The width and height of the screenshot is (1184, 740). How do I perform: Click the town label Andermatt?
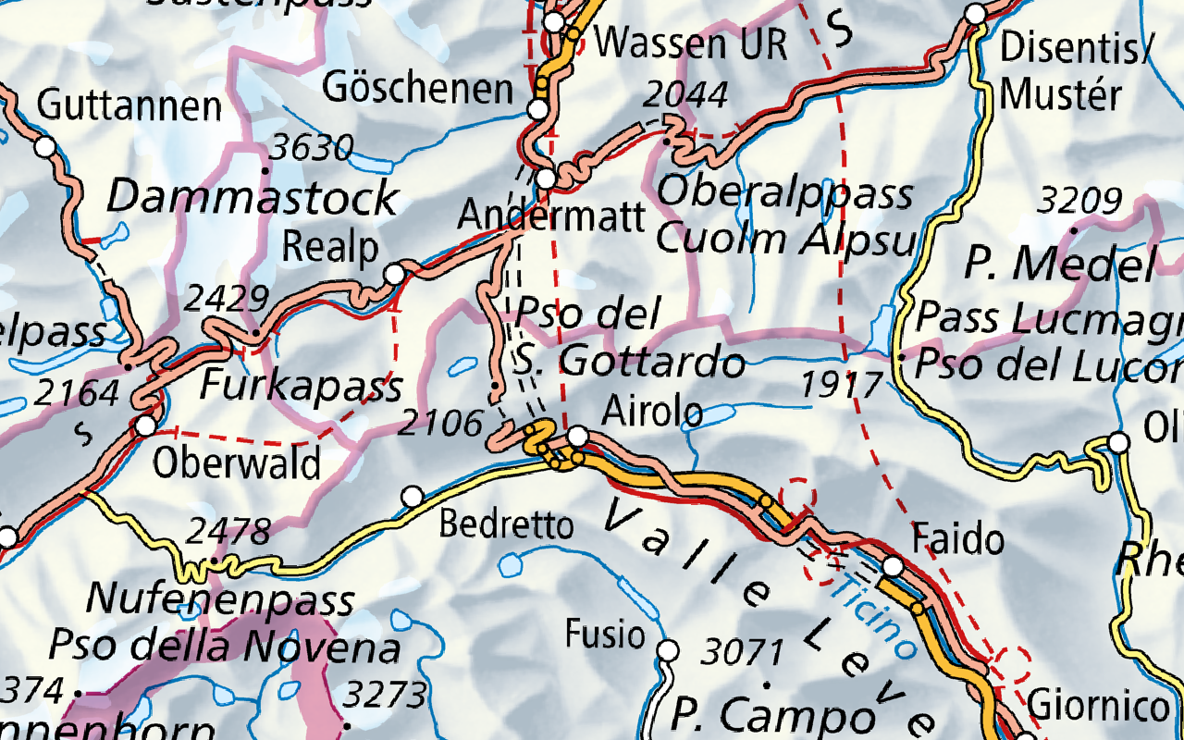click(x=551, y=216)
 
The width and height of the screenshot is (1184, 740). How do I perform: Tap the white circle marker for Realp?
click(x=395, y=274)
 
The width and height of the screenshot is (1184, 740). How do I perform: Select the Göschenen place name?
click(x=418, y=89)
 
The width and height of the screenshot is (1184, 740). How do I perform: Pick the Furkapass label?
click(x=302, y=385)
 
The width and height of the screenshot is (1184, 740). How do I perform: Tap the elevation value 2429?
click(x=227, y=299)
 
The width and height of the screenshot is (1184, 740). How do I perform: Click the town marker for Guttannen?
click(x=43, y=146)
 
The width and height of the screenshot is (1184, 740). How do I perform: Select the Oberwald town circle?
click(x=145, y=426)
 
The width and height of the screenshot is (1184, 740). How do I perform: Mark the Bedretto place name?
click(x=506, y=525)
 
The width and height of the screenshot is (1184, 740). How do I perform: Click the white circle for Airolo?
click(x=577, y=436)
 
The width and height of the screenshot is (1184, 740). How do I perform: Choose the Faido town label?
click(x=958, y=538)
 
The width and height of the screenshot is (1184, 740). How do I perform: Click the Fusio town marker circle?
click(x=668, y=651)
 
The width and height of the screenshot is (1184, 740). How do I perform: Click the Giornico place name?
click(x=1098, y=707)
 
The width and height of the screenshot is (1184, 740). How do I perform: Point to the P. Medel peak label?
click(x=1059, y=265)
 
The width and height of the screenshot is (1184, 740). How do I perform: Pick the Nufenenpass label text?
click(x=220, y=600)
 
